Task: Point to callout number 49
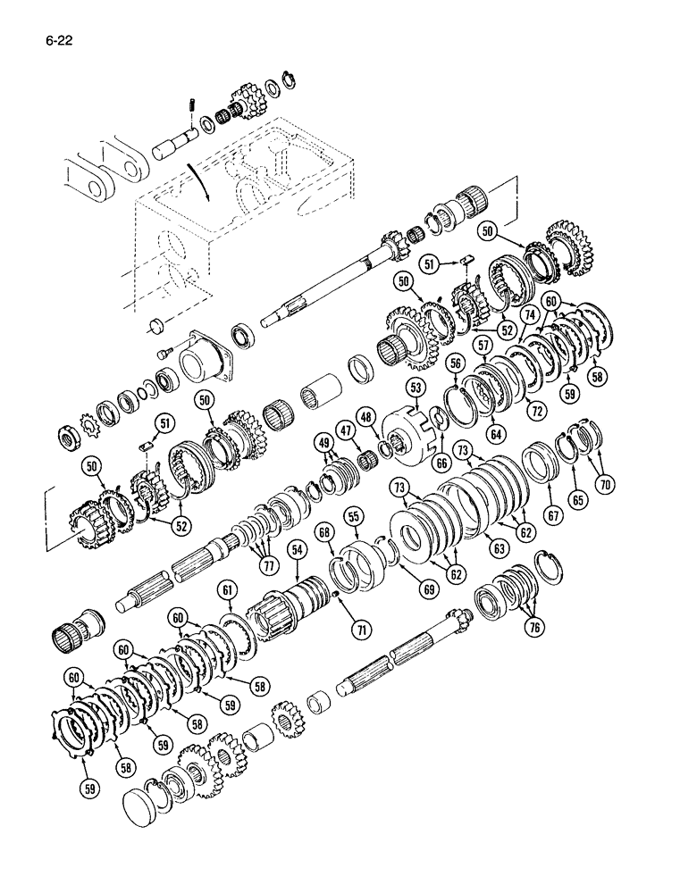pos(323,444)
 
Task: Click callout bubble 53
pos(415,387)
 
